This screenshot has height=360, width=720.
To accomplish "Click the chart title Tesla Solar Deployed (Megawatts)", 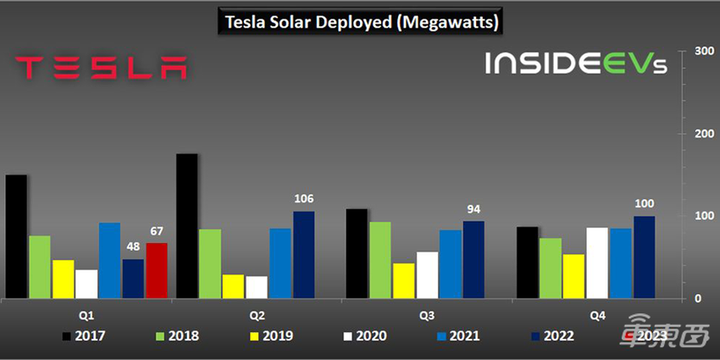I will point(359,22).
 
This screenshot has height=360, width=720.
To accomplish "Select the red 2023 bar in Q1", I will point(157,270).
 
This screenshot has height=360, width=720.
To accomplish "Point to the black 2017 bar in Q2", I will point(186,226).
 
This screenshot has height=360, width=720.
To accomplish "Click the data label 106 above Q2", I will point(303,199).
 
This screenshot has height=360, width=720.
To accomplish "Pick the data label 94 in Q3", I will point(474,209).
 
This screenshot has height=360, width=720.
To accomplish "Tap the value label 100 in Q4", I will point(645,204).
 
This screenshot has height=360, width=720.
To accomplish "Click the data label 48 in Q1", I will point(133,247).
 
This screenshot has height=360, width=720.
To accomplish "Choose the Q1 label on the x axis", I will point(87,315).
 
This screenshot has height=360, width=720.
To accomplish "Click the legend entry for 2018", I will point(174,336).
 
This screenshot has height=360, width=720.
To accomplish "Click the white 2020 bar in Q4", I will point(597,263).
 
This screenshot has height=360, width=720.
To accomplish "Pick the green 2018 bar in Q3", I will point(380,260).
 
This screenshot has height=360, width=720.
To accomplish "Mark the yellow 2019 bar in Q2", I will point(233,286).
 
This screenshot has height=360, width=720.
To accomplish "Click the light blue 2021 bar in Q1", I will point(109,260).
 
